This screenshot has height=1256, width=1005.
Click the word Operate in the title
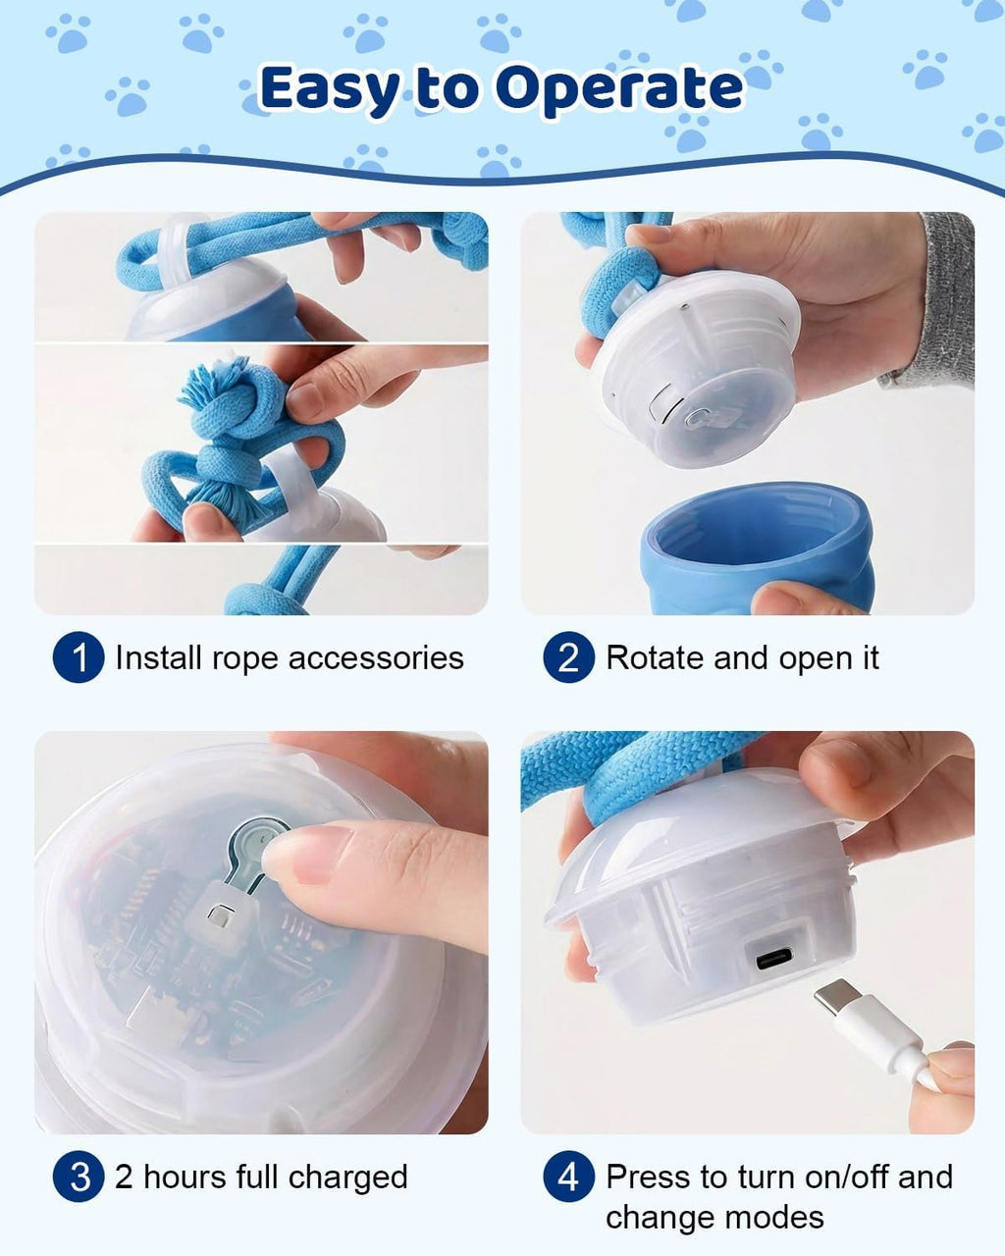pos(620,89)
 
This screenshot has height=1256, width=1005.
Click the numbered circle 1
pos(79,657)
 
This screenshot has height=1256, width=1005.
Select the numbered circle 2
pos(569,657)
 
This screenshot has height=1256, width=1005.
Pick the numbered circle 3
pos(79,1177)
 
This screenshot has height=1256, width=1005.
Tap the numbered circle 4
pos(569,1177)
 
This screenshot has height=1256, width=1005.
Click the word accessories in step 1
pos(376,658)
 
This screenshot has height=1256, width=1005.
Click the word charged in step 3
pos(348,1177)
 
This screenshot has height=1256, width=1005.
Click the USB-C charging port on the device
pos(774,958)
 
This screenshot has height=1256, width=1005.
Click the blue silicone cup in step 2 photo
pos(757,549)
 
